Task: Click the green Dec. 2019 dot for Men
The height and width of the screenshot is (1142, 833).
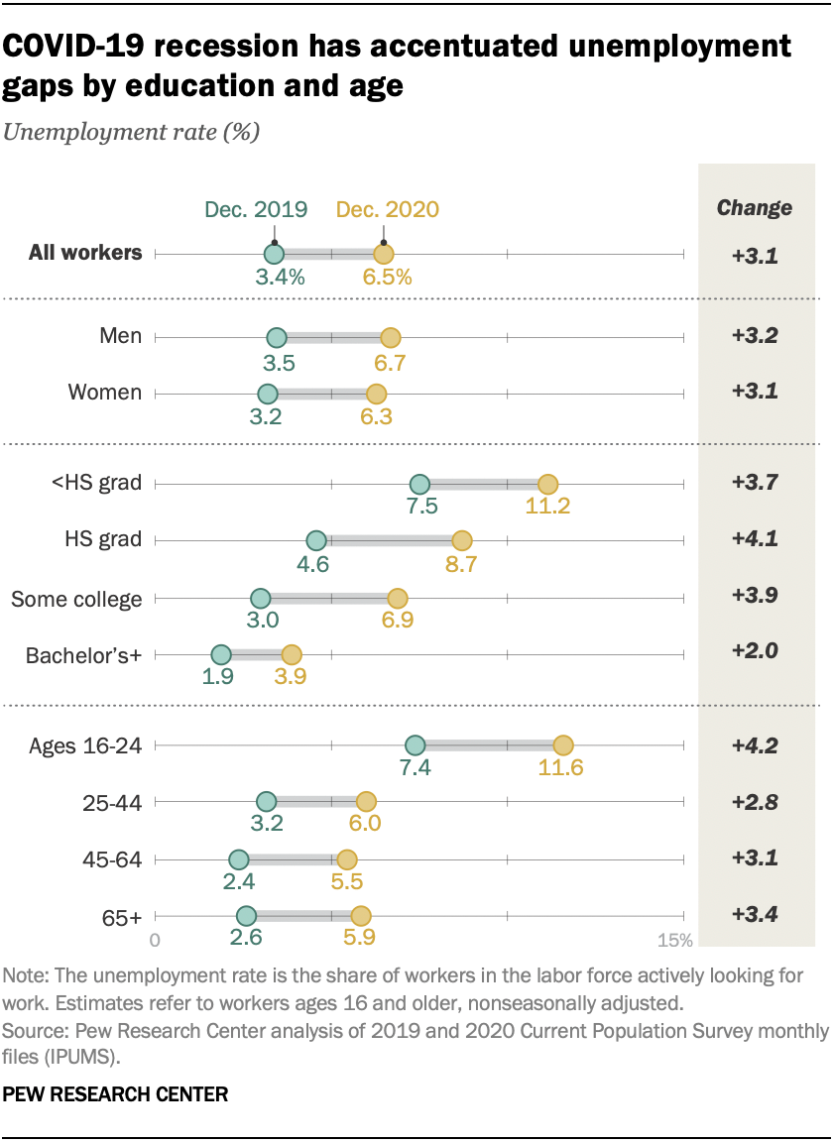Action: (x=277, y=337)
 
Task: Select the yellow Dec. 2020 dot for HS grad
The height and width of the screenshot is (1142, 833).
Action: (x=461, y=540)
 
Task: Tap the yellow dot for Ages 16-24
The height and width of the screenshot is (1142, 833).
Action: (x=563, y=744)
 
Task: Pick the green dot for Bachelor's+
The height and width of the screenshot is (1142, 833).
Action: (x=221, y=655)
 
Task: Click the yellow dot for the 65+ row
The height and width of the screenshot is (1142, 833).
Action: (x=361, y=916)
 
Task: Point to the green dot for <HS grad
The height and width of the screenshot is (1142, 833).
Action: (x=419, y=484)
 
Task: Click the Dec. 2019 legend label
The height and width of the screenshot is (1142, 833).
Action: (x=256, y=209)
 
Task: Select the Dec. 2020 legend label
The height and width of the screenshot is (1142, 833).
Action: (x=387, y=209)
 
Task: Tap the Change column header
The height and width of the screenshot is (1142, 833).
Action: (x=755, y=208)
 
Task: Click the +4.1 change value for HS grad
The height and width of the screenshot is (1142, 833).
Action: (x=755, y=540)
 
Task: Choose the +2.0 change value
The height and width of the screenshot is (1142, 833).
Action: (x=755, y=652)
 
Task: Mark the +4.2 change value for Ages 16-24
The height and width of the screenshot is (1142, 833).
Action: (x=755, y=744)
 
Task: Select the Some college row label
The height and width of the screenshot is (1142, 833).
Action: (x=76, y=599)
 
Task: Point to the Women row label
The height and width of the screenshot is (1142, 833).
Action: (x=104, y=393)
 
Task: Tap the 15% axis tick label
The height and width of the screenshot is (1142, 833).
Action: (x=673, y=940)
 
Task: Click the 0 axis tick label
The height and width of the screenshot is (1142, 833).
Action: (x=155, y=940)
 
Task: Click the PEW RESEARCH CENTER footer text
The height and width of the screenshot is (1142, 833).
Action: (x=115, y=1095)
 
